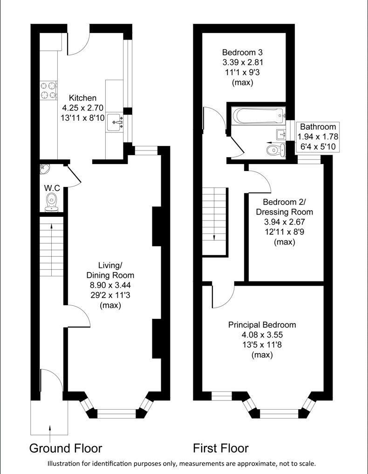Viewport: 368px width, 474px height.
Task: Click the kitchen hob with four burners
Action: [x=48, y=90]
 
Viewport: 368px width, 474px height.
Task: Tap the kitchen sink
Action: [x=116, y=123]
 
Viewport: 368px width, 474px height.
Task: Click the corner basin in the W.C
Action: [x=44, y=168]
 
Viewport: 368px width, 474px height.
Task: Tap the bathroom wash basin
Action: [x=281, y=134]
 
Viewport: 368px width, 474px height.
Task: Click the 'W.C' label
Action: [x=51, y=188]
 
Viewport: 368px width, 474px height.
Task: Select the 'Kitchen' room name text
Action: [x=83, y=98]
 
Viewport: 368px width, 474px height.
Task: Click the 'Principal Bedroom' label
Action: [x=262, y=325]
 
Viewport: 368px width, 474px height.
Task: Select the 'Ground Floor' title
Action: [x=66, y=448]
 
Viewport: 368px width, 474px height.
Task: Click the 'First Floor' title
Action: [x=221, y=448]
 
